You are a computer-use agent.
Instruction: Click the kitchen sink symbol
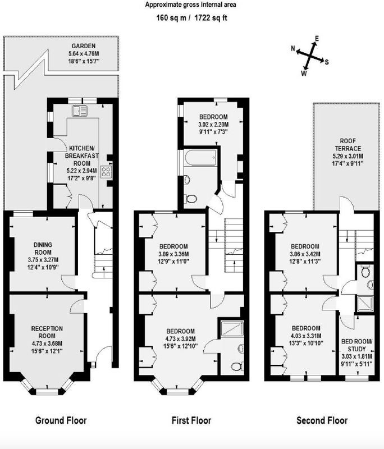pyautogui.click(x=80, y=111)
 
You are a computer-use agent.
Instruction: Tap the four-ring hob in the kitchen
pyautogui.click(x=107, y=171)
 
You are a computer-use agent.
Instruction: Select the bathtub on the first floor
pyautogui.click(x=200, y=158)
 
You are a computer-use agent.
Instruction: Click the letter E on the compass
pyautogui.click(x=317, y=38)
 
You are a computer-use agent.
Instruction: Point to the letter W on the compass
pyautogui.click(x=304, y=74)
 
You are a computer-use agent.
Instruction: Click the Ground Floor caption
pyautogui.click(x=61, y=420)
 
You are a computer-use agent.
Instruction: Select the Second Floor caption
pyautogui.click(x=322, y=420)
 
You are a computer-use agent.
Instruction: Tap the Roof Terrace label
pyautogui.click(x=348, y=145)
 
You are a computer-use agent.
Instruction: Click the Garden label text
pyautogui.click(x=84, y=46)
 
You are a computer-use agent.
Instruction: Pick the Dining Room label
pyautogui.click(x=43, y=249)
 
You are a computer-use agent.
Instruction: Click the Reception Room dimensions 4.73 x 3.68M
pyautogui.click(x=47, y=343)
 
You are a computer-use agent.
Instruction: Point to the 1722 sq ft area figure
pyautogui.click(x=211, y=18)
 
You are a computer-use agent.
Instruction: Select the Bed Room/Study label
pyautogui.click(x=357, y=345)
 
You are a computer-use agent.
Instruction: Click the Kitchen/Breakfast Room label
pyautogui.click(x=82, y=156)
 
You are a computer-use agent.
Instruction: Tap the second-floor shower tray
pyautogui.click(x=365, y=304)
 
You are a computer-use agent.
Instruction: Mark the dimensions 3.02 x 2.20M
pyautogui.click(x=214, y=125)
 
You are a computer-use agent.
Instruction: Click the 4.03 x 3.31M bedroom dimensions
pyautogui.click(x=306, y=336)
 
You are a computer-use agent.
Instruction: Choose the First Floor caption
pyautogui.click(x=191, y=420)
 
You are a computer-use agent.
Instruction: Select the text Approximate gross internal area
pyautogui.click(x=190, y=4)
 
